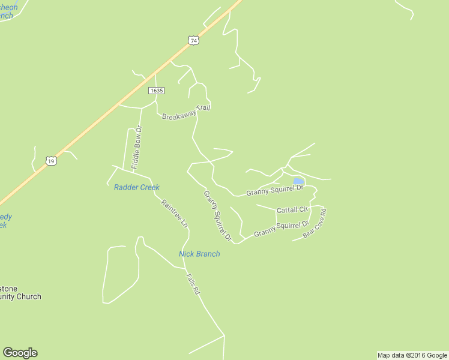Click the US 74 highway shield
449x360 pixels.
point(192,41)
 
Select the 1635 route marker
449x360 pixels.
point(156,90)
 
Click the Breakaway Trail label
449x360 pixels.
point(186,112)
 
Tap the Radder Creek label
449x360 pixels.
point(137,187)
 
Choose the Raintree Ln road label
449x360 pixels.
point(175,213)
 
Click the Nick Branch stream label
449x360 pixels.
point(199,254)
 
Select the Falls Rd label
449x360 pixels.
point(193,284)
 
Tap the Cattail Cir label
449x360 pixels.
point(292,209)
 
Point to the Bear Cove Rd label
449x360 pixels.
point(315,223)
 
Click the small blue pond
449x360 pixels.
point(298,181)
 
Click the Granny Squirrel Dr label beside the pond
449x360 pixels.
point(276,190)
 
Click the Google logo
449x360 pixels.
point(20,353)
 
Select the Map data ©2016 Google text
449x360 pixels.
point(413,355)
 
